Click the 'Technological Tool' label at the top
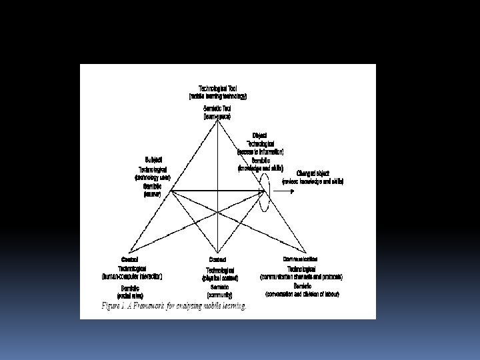[x=217, y=88]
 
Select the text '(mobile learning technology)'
[x=217, y=96]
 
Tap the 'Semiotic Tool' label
[x=217, y=109]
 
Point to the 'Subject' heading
[x=153, y=160]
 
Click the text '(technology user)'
[x=153, y=178]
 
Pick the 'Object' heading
[x=260, y=135]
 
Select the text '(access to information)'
[x=260, y=152]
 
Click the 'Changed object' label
[x=313, y=173]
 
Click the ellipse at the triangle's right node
[x=265, y=193]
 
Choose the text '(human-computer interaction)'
[x=132, y=276]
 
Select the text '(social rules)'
[x=131, y=295]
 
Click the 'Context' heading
[x=217, y=260]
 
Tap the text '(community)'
[x=217, y=294]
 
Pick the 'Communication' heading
[x=300, y=258]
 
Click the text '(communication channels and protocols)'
[x=302, y=276]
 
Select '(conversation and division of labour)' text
[x=302, y=294]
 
